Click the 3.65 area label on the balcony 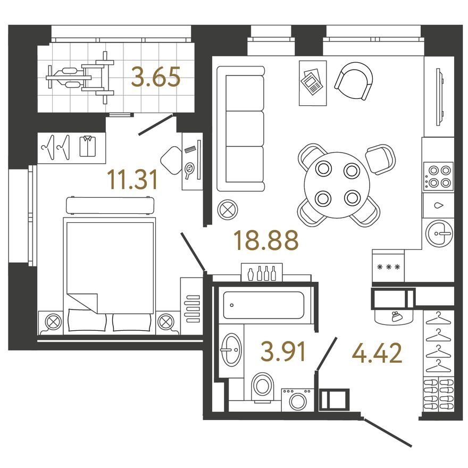coord(156,77)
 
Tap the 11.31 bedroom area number coord(132,180)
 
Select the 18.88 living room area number coord(266,240)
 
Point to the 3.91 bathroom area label coord(283,352)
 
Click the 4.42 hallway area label coord(377,353)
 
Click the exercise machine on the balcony coord(80,78)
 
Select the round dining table coord(337,185)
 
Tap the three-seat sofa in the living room coord(240,129)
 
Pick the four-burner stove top coord(438,177)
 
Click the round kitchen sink coord(439,233)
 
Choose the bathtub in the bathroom coord(264,305)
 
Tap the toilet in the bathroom coord(263,387)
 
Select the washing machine coord(297,399)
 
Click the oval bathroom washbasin coord(232,349)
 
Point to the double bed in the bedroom coord(109,274)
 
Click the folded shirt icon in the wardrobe coord(87,146)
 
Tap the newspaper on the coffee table coord(312,82)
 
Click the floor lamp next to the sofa coord(228,210)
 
